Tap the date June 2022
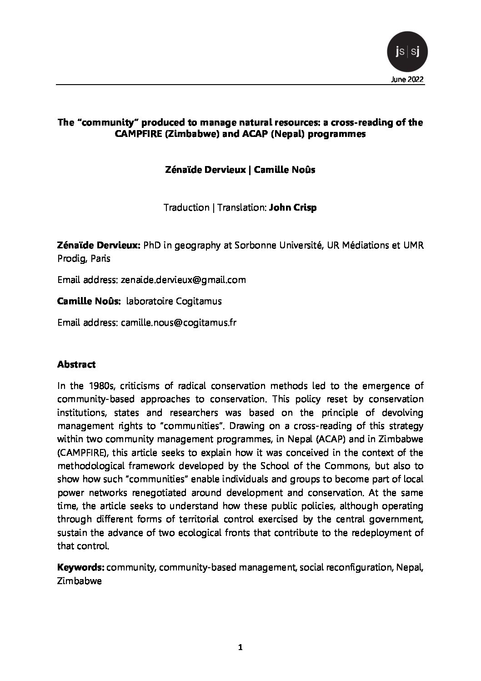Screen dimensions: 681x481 [x=407, y=80]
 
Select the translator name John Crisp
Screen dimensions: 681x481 [x=293, y=207]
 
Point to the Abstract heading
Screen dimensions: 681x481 [x=76, y=365]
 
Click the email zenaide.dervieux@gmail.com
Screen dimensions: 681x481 [x=183, y=280]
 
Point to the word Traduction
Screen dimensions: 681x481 [x=186, y=207]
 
